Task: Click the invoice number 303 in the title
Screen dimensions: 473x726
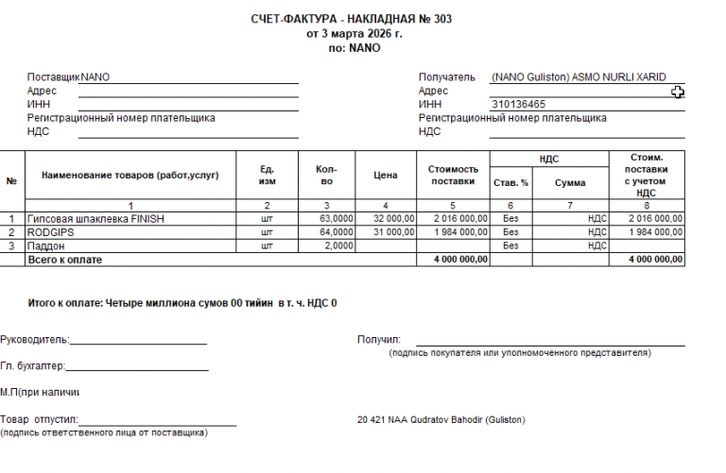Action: click(440, 19)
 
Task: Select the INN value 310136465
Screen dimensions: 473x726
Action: click(518, 104)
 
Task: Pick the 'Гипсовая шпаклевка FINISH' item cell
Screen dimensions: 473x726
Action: click(96, 218)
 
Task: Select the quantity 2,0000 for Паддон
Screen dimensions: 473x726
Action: click(340, 245)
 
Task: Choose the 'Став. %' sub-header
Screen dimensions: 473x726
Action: click(510, 183)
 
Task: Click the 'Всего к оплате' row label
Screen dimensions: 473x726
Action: click(65, 259)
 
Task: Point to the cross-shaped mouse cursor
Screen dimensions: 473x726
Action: click(678, 92)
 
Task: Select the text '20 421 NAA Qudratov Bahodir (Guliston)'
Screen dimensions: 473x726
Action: click(441, 419)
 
